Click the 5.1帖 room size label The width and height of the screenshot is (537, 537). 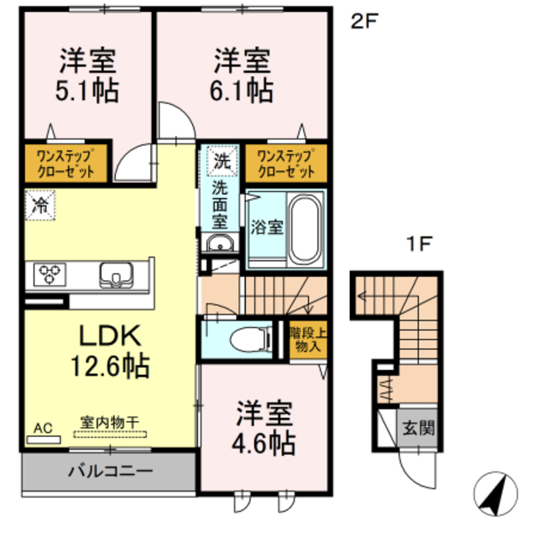point(86,89)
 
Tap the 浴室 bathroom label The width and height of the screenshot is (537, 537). point(267,227)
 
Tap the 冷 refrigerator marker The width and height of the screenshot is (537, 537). point(39,205)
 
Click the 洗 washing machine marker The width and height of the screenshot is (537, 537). point(220,159)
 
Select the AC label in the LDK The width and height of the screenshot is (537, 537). point(42,429)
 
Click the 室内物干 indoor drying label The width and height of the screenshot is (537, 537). point(110,424)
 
